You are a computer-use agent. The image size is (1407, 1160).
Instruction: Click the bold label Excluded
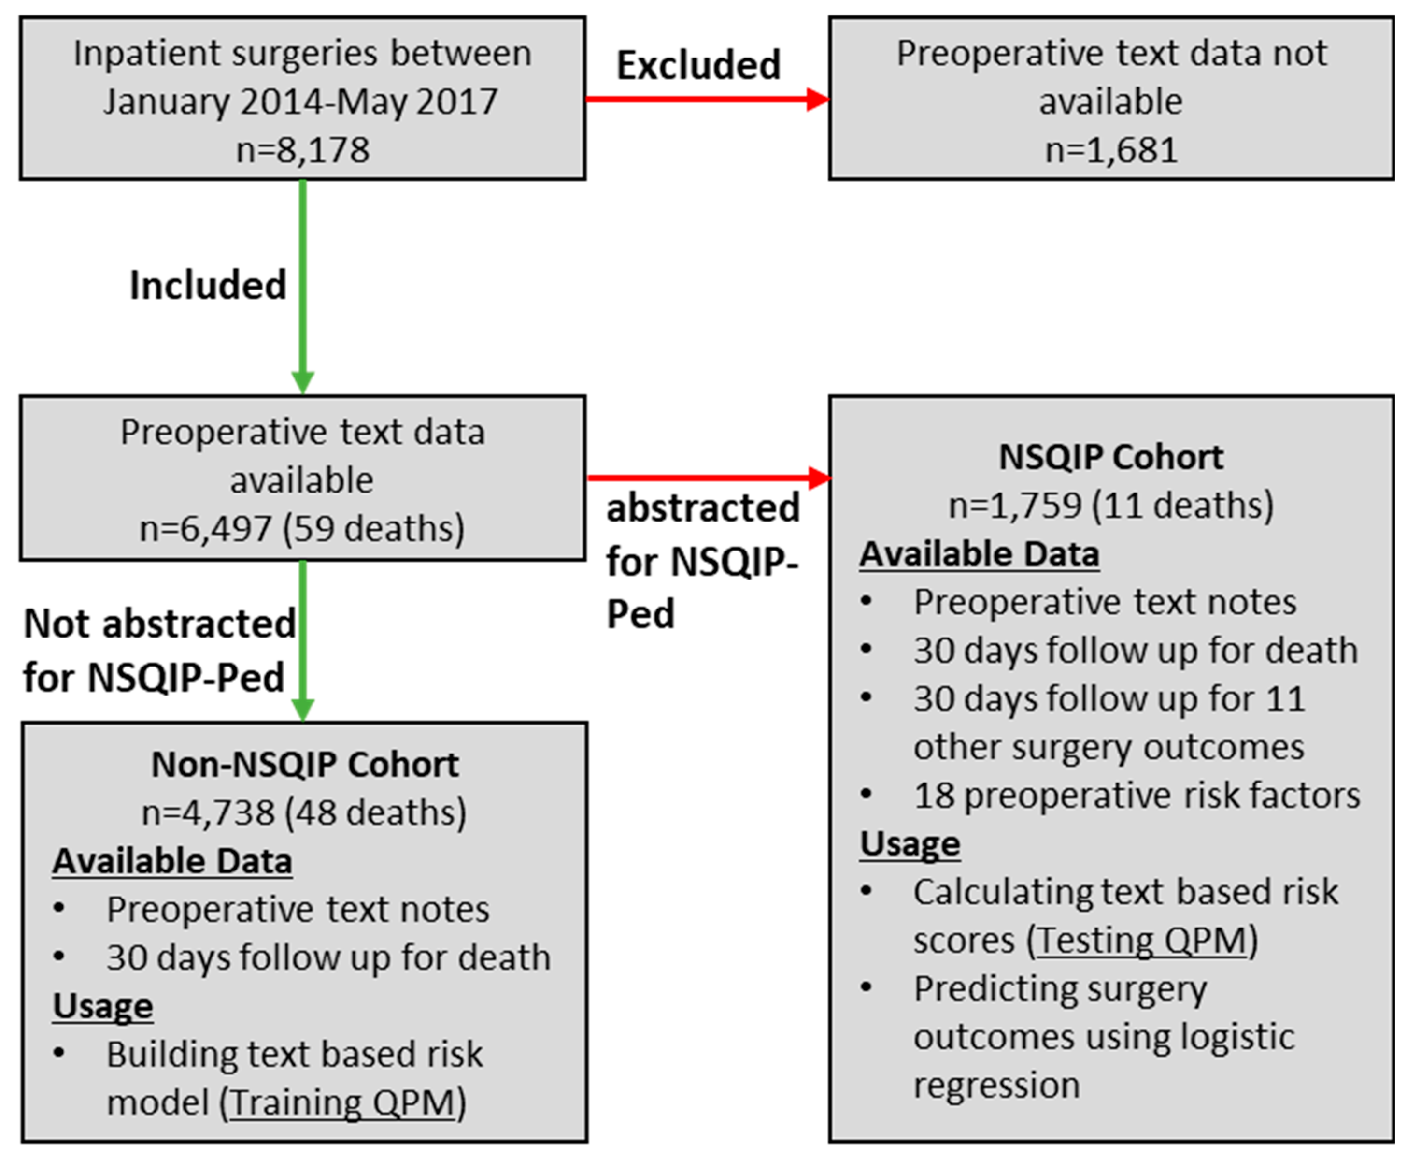click(698, 65)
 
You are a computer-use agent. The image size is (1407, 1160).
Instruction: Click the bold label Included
click(208, 285)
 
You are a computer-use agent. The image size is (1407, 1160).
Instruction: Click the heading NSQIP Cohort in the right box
click(1110, 458)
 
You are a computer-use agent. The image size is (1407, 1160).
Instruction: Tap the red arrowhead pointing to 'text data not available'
click(817, 100)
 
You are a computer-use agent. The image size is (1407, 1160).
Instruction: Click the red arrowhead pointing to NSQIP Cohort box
click(819, 478)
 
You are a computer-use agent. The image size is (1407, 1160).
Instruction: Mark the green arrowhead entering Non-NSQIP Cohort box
click(302, 710)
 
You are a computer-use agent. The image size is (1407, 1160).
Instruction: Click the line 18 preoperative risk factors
click(1136, 795)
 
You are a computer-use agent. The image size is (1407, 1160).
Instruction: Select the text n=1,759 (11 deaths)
click(1110, 505)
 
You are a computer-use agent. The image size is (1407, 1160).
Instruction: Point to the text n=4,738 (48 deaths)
click(304, 812)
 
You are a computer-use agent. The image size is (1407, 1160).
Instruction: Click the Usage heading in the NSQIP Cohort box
click(910, 843)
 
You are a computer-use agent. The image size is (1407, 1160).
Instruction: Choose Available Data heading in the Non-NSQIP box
click(172, 861)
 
